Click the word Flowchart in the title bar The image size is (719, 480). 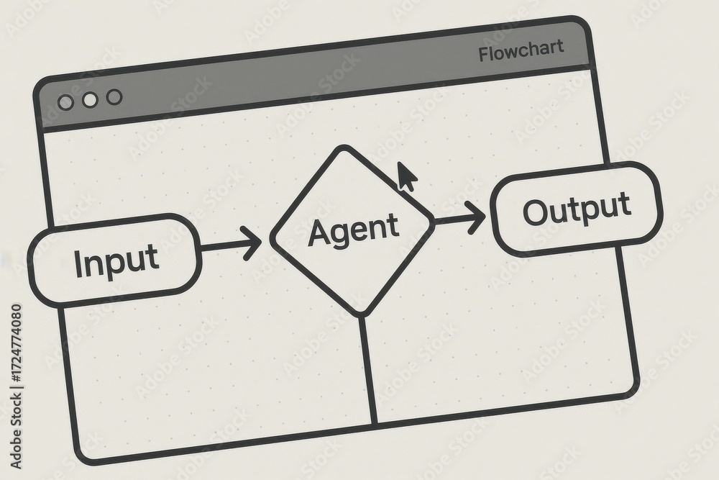(x=521, y=50)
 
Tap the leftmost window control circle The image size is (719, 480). (x=66, y=102)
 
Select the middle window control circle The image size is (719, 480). (x=91, y=99)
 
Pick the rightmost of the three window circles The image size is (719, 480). (x=114, y=97)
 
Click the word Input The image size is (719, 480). (x=116, y=261)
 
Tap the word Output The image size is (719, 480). (x=577, y=209)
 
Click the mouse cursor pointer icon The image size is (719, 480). (x=407, y=176)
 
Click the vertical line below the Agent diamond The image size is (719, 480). (x=368, y=370)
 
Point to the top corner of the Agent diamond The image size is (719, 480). (x=342, y=147)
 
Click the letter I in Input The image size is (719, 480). (x=78, y=264)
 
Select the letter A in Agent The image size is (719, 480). (x=321, y=232)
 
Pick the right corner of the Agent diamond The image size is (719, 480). (x=432, y=222)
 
